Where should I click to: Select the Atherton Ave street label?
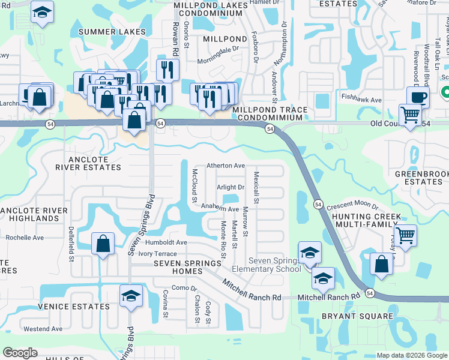[226, 166]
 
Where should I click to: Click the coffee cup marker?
[418, 97]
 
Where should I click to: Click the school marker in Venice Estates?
[131, 296]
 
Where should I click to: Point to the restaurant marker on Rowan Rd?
[167, 70]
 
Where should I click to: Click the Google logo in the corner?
[20, 353]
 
